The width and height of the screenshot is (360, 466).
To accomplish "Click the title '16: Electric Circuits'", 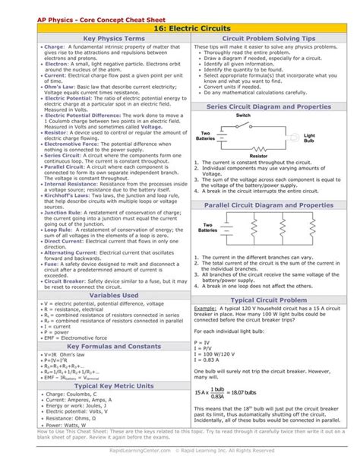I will coord(180,24).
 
